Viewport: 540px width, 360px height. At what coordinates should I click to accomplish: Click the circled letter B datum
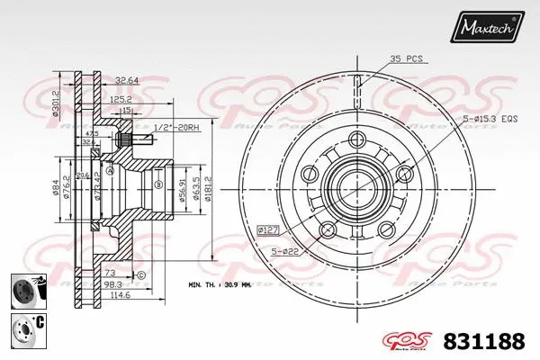pyautogui.click(x=157, y=185)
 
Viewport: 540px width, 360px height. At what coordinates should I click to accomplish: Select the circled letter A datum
pyautogui.click(x=110, y=171)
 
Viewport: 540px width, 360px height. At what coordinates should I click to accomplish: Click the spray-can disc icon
pyautogui.click(x=25, y=289)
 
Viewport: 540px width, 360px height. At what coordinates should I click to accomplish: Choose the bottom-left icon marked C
pyautogui.click(x=25, y=327)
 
